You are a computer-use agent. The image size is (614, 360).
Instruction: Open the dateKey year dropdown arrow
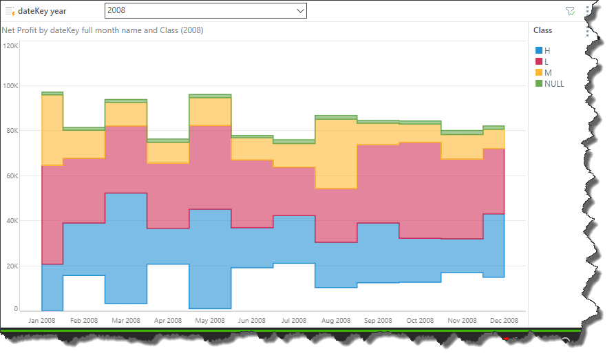[299, 11]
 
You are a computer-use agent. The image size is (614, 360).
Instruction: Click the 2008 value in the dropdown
[116, 11]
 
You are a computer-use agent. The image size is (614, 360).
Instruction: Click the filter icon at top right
[570, 11]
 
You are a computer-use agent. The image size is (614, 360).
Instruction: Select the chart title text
[102, 30]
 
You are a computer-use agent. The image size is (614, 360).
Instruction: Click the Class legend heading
[542, 30]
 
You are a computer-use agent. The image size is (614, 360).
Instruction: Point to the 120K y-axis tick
[11, 46]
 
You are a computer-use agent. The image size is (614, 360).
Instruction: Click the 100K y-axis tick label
[11, 86]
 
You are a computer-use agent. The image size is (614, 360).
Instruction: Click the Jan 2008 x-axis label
[42, 321]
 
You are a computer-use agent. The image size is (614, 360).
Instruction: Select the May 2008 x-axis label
[210, 321]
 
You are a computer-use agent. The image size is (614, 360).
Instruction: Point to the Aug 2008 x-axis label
[336, 321]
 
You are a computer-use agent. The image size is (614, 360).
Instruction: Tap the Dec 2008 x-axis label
[504, 321]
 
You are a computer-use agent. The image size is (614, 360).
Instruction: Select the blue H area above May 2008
[210, 258]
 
